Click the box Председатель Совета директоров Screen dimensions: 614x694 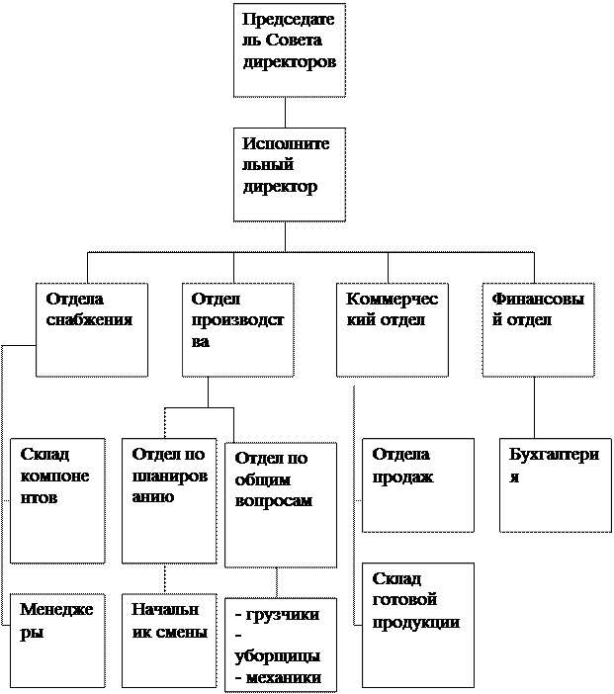click(290, 50)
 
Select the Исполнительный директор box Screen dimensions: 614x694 click(290, 175)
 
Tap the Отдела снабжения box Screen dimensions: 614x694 click(92, 330)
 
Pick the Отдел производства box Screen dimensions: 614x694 click(238, 330)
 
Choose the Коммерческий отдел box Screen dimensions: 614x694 click(393, 330)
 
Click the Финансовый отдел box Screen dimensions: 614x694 click(538, 330)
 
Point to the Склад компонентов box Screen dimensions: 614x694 click(57, 501)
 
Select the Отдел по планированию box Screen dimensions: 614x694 click(169, 501)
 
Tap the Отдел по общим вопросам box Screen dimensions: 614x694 click(281, 505)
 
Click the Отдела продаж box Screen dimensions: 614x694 click(418, 485)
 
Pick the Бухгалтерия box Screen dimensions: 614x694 click(556, 485)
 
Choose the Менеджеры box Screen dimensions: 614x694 click(57, 641)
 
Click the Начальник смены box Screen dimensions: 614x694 click(169, 641)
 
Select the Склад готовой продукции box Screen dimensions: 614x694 click(418, 626)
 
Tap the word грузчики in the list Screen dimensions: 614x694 click(283, 615)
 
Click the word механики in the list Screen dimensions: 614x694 click(284, 678)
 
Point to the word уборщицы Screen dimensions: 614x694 click(278, 656)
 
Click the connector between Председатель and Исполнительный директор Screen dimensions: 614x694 click(285, 113)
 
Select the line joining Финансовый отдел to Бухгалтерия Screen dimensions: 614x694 click(534, 407)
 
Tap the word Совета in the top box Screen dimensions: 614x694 click(294, 41)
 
